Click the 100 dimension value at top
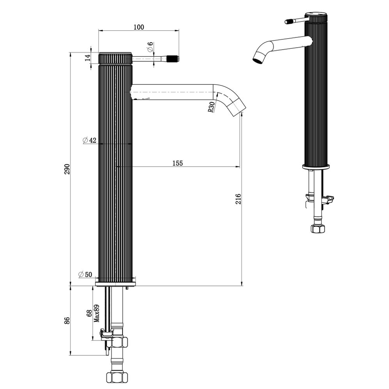139,27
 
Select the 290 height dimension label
67,169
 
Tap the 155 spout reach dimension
178,163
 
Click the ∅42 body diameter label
89,140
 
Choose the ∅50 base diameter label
85,274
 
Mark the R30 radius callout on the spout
211,107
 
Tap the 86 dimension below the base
67,320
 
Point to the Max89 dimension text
96,313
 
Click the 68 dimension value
89,313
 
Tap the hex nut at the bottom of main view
117,377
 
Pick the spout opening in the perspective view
258,60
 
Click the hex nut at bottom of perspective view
318,229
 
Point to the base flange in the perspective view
316,167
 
